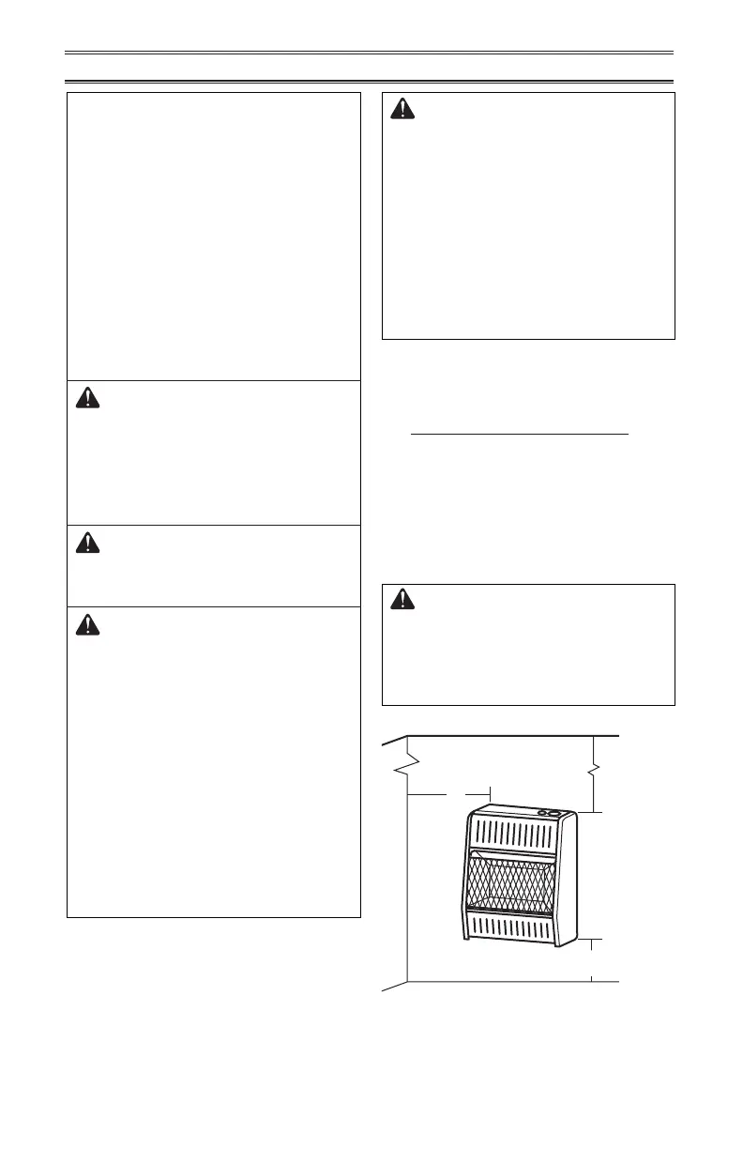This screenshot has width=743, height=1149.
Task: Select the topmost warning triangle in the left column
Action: [x=88, y=398]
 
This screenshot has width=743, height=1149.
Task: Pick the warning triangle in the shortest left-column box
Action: [x=88, y=543]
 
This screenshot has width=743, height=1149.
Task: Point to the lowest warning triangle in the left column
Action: [x=88, y=624]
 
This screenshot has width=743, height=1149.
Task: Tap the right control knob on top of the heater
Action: [x=553, y=813]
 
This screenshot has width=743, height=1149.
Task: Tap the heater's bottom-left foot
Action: [x=464, y=936]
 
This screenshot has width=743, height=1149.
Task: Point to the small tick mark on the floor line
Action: [x=592, y=978]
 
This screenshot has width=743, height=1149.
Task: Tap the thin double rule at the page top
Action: [x=371, y=53]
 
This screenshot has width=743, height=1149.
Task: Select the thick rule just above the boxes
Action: [x=371, y=82]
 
